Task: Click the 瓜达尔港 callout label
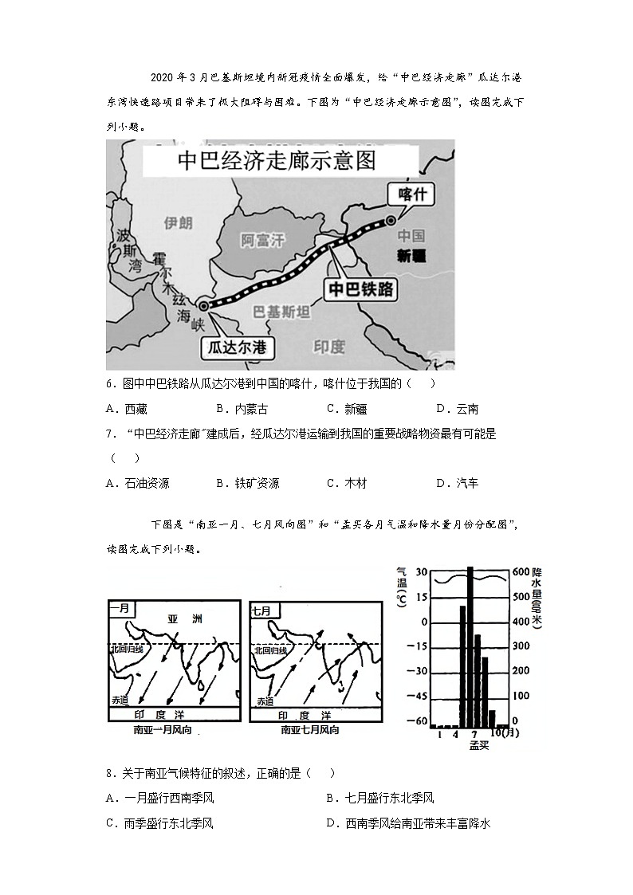[236, 347]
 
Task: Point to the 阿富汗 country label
[262, 240]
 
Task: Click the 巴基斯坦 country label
[281, 312]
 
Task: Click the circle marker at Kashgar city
[391, 221]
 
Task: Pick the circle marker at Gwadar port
[204, 306]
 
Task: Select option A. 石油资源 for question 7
[136, 483]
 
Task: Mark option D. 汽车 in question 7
[457, 483]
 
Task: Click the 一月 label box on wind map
[120, 610]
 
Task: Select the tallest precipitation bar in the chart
[470, 646]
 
